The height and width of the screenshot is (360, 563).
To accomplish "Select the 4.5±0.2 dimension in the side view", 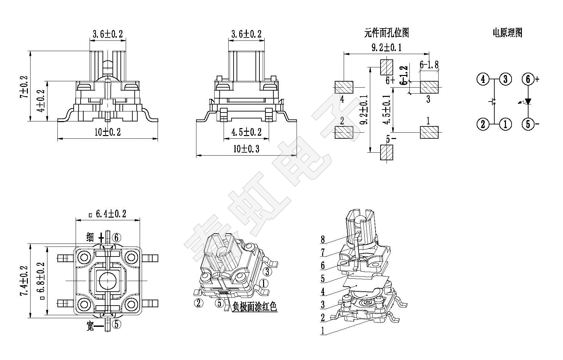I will tap(246, 132).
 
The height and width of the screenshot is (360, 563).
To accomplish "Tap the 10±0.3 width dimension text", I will tap(246, 149).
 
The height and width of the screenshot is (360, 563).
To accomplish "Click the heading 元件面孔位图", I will tap(387, 33).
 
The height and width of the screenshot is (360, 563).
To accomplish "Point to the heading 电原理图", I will tap(507, 33).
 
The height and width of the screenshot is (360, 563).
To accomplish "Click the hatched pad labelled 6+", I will tap(387, 67).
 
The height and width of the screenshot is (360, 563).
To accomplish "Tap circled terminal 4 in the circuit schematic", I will tap(483, 79).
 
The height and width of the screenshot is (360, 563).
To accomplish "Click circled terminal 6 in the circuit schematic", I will tap(528, 79).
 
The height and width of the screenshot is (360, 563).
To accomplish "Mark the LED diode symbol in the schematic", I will tap(528, 102).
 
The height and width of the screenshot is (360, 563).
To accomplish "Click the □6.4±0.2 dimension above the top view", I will tap(108, 214).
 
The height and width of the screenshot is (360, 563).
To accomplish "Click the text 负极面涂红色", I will tap(254, 307).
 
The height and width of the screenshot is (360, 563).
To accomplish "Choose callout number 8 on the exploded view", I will tap(323, 239).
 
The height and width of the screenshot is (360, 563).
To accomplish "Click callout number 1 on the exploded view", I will tap(323, 330).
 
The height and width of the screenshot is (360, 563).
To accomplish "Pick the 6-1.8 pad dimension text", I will tap(429, 65).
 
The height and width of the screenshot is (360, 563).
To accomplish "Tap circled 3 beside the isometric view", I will tap(267, 272).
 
